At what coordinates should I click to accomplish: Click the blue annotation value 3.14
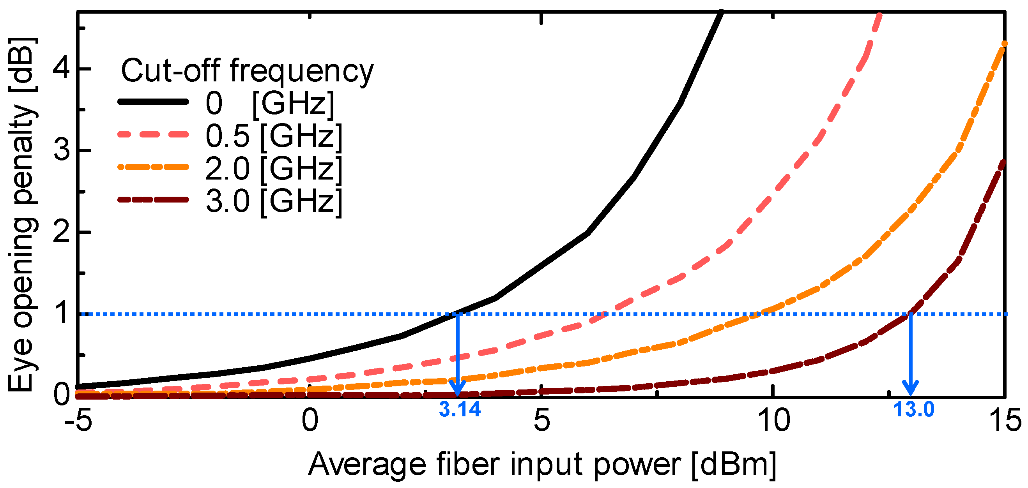click(460, 410)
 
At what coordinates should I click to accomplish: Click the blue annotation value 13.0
click(914, 410)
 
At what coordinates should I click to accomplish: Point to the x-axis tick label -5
click(79, 421)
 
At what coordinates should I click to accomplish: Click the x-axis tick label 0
click(310, 421)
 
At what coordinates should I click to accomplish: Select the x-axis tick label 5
click(541, 421)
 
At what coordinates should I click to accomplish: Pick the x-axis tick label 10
click(773, 421)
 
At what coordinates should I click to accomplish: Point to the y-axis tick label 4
click(62, 69)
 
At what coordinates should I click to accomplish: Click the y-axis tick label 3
click(62, 150)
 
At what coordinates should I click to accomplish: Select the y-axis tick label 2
click(62, 232)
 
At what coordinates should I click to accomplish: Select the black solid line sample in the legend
click(153, 102)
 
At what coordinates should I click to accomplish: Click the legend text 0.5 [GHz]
click(274, 136)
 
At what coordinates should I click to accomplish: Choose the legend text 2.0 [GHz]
click(274, 168)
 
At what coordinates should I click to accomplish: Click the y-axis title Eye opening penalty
click(23, 215)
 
